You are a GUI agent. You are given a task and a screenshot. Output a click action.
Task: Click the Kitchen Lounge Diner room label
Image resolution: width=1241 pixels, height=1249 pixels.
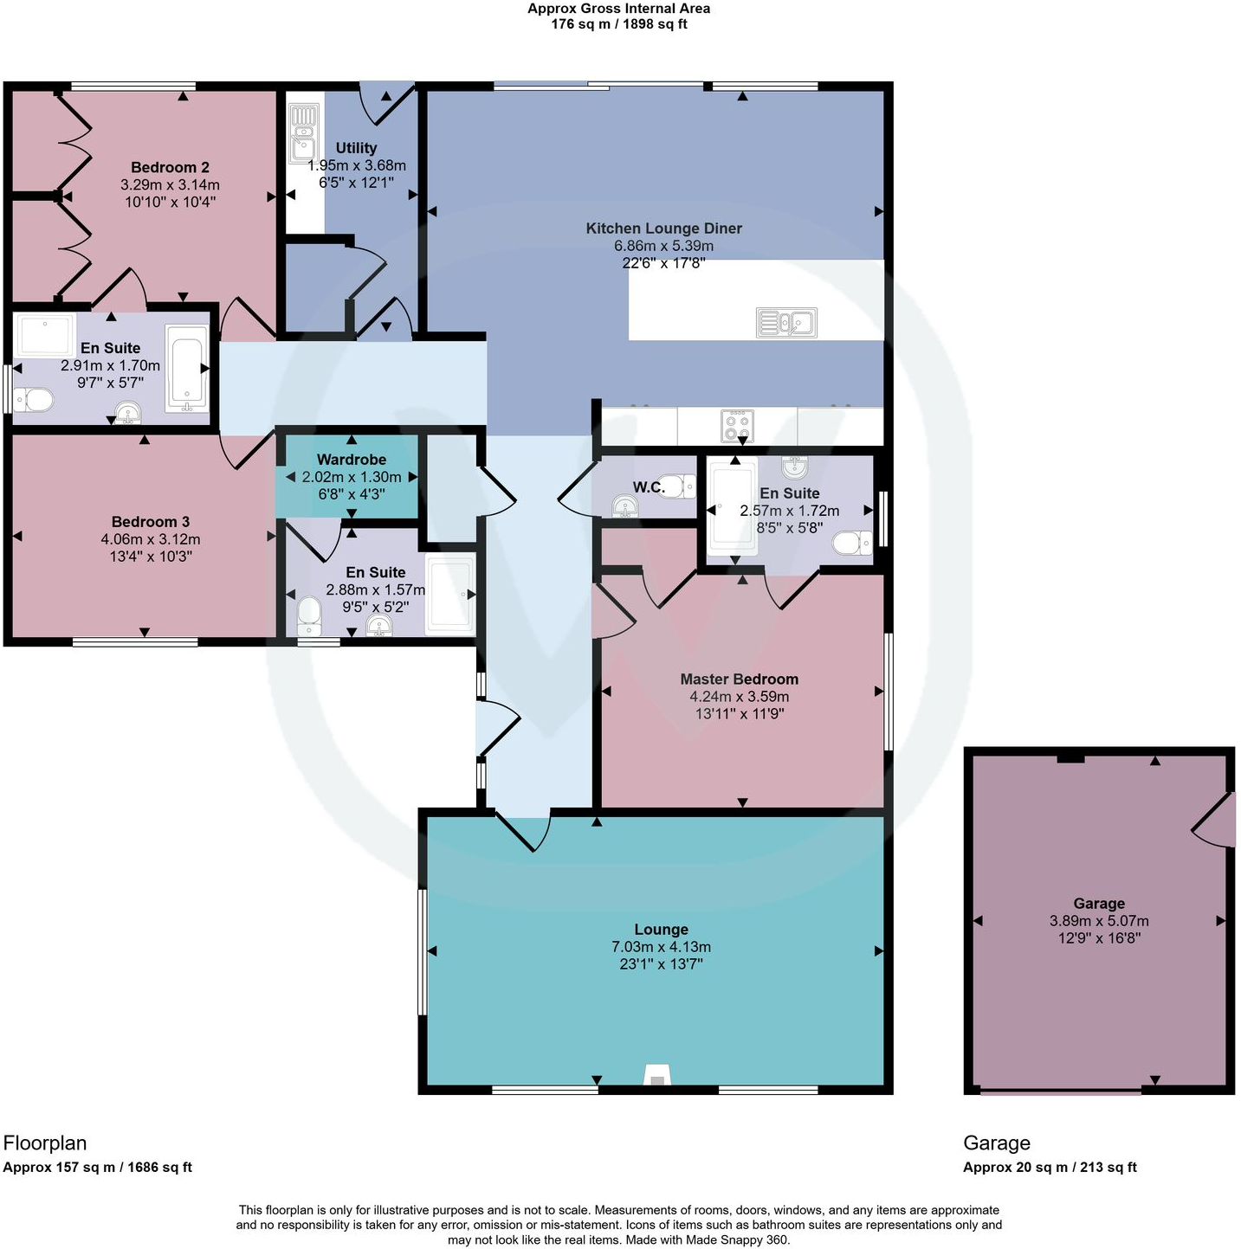pos(663,229)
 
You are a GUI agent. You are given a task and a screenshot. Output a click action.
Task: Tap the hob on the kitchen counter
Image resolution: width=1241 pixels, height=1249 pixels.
pos(737,425)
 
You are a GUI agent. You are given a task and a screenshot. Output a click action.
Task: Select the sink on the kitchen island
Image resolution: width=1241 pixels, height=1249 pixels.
pos(786,323)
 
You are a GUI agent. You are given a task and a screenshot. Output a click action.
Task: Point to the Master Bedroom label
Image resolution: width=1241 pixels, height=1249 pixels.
pos(739,679)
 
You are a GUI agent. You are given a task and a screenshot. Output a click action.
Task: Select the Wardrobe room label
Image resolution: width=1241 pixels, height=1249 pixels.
pos(351,460)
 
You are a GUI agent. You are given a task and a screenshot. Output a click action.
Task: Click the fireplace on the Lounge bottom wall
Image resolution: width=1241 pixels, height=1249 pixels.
pos(657,1077)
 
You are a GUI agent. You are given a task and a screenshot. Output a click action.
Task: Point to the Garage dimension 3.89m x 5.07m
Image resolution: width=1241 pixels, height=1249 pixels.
pos(1099,921)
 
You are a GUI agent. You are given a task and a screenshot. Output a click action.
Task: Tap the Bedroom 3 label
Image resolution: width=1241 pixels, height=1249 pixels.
pos(150,522)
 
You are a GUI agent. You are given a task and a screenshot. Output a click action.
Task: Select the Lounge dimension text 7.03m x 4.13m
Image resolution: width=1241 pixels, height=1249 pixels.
pos(661,947)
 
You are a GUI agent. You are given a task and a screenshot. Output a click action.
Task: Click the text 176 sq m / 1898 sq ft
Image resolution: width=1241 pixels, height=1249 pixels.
pos(619,24)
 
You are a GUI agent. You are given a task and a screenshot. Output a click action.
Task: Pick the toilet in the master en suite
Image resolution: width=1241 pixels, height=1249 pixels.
pos(851,543)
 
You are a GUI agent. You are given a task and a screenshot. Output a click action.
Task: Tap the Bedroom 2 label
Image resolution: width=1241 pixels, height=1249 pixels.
pos(170,168)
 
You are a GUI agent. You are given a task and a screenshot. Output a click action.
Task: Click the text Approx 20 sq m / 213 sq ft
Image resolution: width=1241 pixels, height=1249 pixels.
pos(1050,1167)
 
